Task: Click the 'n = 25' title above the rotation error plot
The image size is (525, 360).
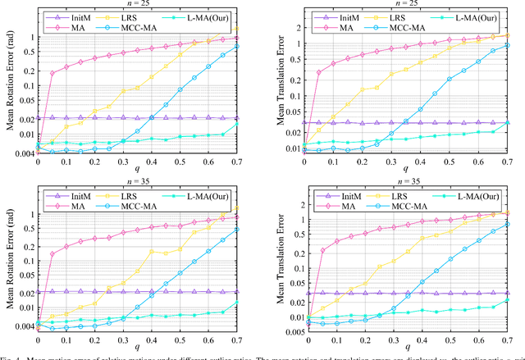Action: [138, 5]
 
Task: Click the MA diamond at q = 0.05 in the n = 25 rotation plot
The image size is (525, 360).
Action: [52, 73]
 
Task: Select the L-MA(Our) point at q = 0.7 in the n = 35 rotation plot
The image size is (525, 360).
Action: [238, 303]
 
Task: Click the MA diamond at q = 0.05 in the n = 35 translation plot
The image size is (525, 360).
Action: [322, 250]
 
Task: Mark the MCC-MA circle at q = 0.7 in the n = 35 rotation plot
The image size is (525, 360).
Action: [238, 229]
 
